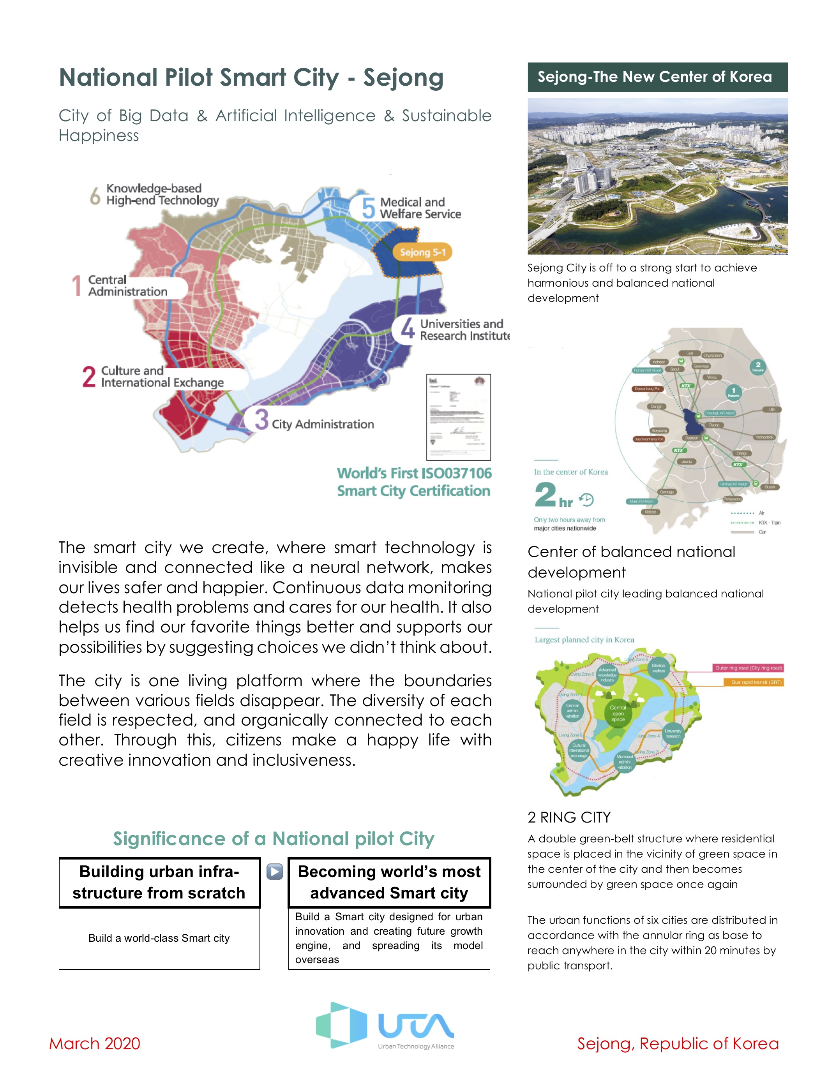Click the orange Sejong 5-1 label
click(x=422, y=252)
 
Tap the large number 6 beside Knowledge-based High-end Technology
click(x=95, y=195)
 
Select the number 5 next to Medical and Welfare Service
click(x=368, y=208)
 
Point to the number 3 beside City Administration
click(x=261, y=419)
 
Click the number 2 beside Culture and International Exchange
click(x=89, y=377)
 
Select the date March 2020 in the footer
click(x=95, y=1043)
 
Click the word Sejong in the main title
click(x=403, y=78)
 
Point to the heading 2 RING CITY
click(x=569, y=817)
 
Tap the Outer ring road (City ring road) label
click(x=748, y=668)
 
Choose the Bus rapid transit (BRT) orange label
click(x=756, y=682)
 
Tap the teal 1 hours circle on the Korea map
click(x=733, y=392)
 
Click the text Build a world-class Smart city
click(x=159, y=938)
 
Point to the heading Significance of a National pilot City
click(x=274, y=838)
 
